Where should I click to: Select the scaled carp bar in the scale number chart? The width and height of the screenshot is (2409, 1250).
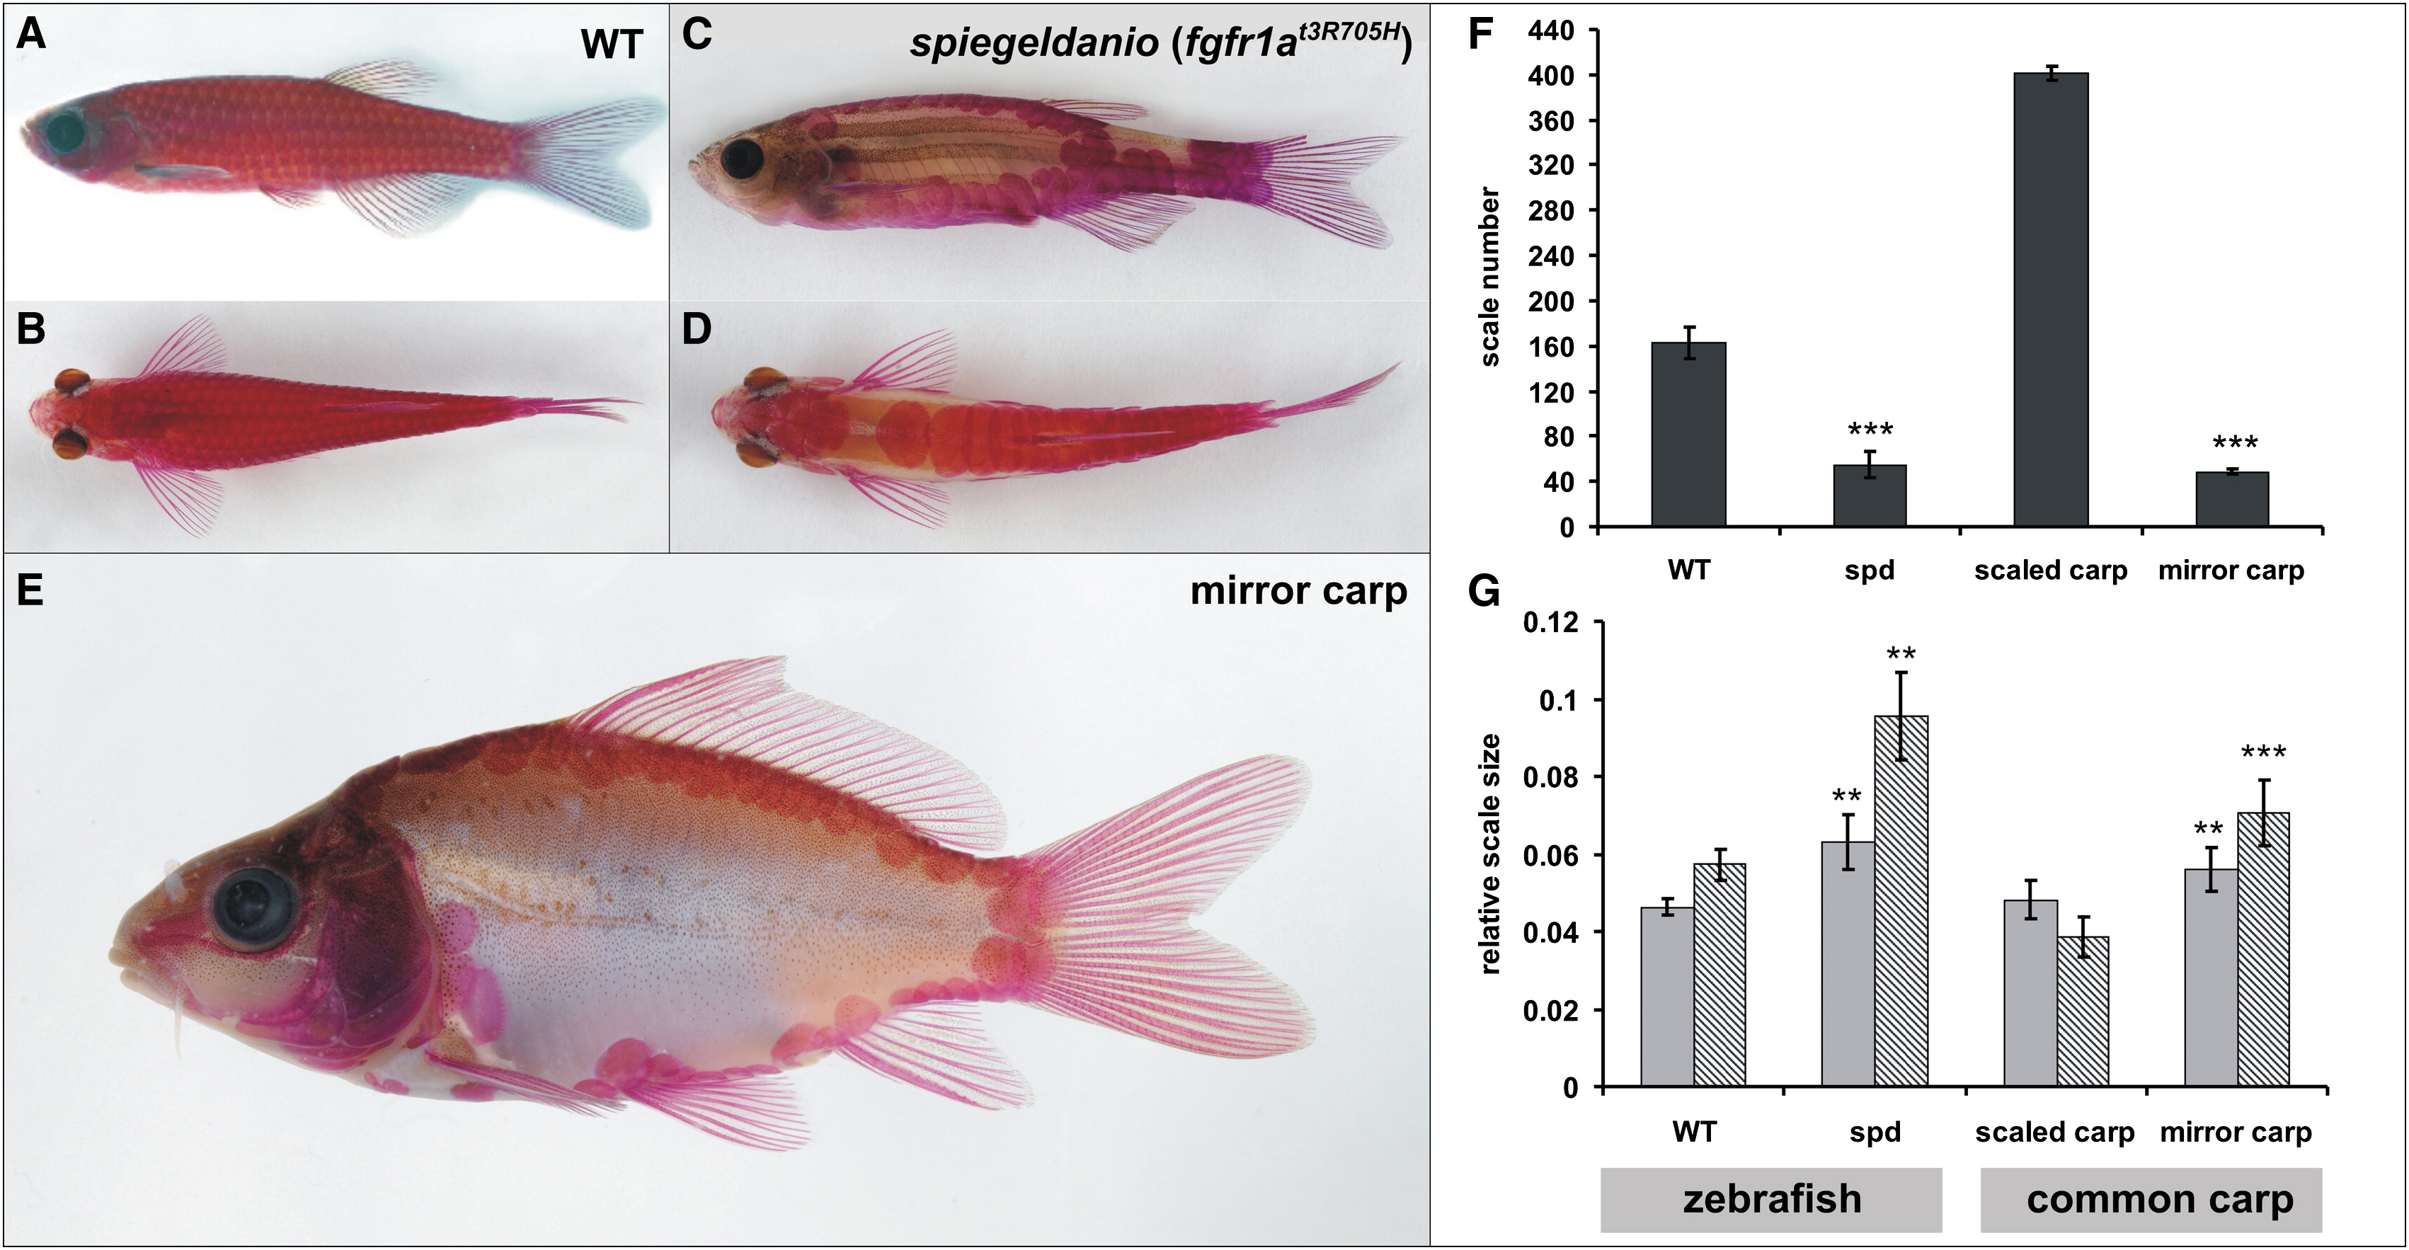2051,299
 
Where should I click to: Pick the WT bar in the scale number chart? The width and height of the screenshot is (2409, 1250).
1688,435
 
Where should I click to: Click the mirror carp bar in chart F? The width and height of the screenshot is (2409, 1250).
2232,499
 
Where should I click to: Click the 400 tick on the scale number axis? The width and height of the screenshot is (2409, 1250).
1552,75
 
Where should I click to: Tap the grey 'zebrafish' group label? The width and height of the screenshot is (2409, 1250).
1771,1200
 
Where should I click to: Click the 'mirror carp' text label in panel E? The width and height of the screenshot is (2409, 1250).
1298,591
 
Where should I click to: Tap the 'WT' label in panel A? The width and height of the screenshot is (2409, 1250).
612,45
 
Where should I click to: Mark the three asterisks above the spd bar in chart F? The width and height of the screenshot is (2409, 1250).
1870,430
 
